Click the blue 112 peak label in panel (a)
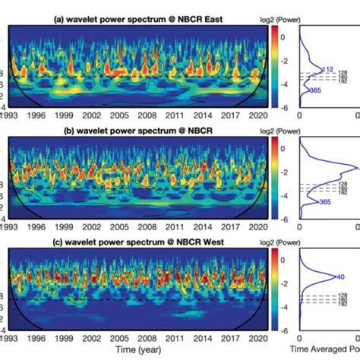[x=328, y=69]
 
